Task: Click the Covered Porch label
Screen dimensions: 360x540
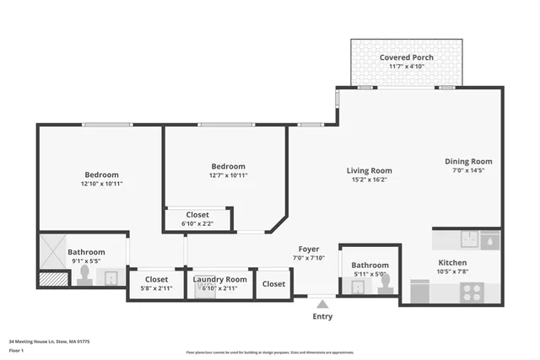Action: tap(407, 57)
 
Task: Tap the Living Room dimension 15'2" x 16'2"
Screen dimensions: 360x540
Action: tap(370, 180)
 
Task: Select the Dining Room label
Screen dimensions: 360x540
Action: tap(468, 161)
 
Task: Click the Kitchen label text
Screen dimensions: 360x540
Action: tap(451, 262)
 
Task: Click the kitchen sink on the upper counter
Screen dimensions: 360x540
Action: tap(490, 240)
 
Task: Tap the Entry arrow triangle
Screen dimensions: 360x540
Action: tap(321, 304)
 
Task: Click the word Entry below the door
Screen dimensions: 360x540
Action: tap(322, 317)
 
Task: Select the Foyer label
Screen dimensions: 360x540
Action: tap(309, 249)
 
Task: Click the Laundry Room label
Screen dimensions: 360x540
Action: tap(219, 279)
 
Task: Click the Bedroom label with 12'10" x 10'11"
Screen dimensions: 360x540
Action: tap(101, 175)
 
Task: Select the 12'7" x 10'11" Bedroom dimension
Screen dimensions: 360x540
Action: tap(228, 175)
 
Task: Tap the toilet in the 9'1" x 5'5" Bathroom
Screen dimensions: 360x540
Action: tap(84, 277)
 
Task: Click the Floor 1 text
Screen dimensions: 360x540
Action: tap(18, 349)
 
